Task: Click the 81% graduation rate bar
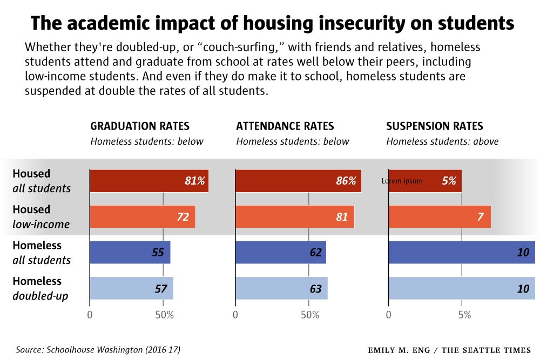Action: coord(149,181)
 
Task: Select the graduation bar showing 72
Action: coord(143,216)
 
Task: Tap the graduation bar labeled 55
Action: coord(130,252)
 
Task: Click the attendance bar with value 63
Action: coord(281,288)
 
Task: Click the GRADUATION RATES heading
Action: coord(140,126)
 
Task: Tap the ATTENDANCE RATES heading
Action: coord(285,126)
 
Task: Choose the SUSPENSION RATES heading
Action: coord(435,126)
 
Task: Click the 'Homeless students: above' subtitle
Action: coord(442,141)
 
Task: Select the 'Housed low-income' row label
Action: coord(41,216)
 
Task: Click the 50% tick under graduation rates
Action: coord(164,315)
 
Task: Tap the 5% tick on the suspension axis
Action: coord(463,315)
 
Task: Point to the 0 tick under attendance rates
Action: coord(235,315)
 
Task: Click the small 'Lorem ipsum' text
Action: coord(402,181)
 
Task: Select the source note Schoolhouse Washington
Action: coord(98,350)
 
